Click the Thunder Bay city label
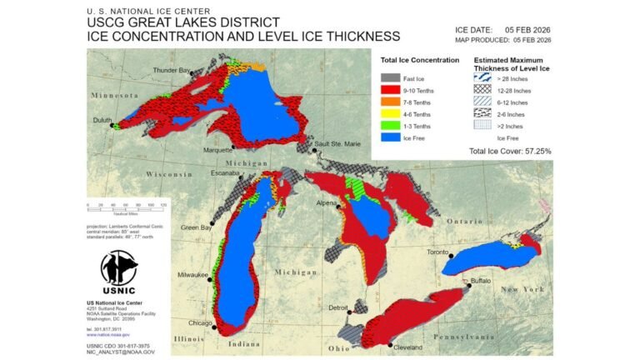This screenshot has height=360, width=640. coord(172,70)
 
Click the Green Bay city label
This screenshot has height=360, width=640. coord(196,227)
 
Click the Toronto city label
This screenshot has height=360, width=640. coord(438,252)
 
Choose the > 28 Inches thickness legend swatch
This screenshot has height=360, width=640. coord(484,77)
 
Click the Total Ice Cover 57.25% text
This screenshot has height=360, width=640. coord(509,151)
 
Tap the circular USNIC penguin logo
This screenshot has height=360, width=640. coord(119,267)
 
